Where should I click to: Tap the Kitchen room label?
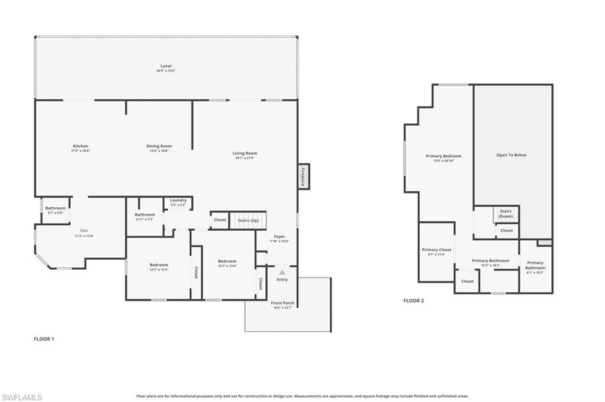point(80,146)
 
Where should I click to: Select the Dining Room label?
point(159,146)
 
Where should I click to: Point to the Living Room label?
point(245,153)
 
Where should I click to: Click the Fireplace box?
point(303,177)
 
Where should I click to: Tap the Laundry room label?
point(178,200)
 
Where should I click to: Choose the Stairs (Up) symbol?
point(248,220)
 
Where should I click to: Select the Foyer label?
point(279,237)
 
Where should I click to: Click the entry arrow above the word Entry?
point(282,272)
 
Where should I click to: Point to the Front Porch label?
point(282,303)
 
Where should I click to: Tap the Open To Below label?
point(511,155)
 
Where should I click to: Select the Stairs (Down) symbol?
point(506,213)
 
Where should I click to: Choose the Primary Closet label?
point(437,250)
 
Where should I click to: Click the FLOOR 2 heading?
point(414,300)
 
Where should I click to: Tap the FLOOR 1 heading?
point(44,339)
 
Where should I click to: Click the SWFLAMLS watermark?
point(22,397)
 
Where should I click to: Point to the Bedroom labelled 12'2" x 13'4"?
point(158,265)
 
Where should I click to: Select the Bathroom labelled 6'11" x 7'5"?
point(145,215)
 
